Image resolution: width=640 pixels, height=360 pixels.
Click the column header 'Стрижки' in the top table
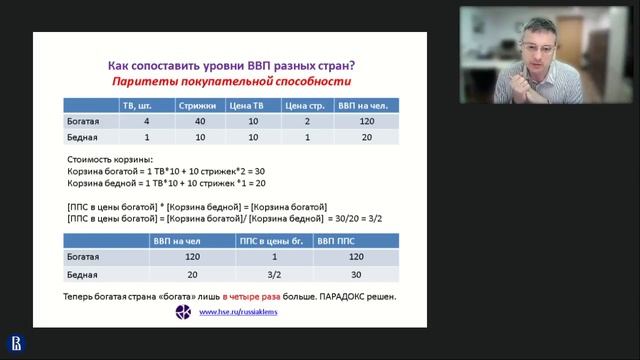(199, 105)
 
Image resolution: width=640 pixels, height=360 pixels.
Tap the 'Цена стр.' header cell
(306, 105)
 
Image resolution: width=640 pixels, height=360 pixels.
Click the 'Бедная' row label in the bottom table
(79, 274)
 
